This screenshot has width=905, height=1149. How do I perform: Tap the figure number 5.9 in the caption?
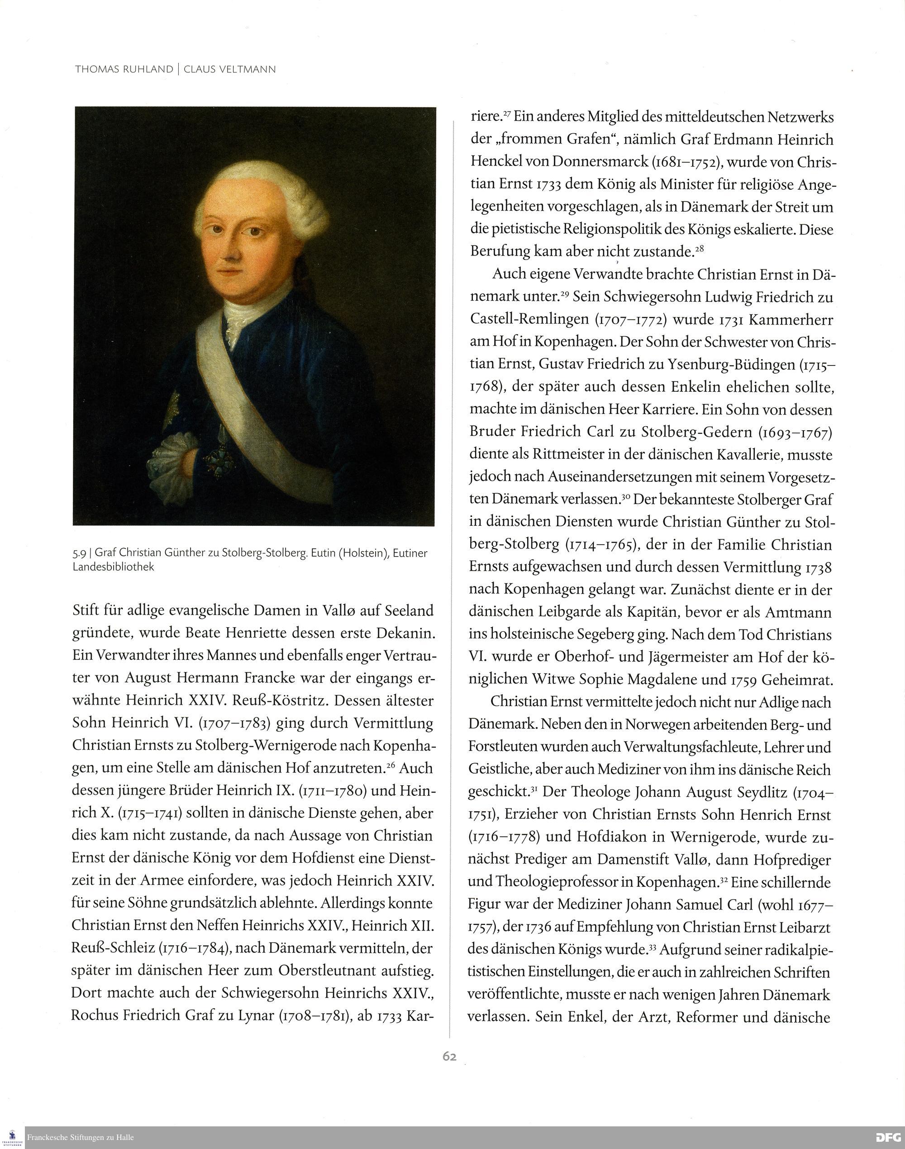pyautogui.click(x=80, y=553)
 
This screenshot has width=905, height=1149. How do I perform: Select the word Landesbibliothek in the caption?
pyautogui.click(x=114, y=567)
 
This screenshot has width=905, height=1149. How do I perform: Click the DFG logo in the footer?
pyautogui.click(x=888, y=1137)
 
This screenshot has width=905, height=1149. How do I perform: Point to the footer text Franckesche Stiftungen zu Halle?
pyautogui.click(x=81, y=1137)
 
